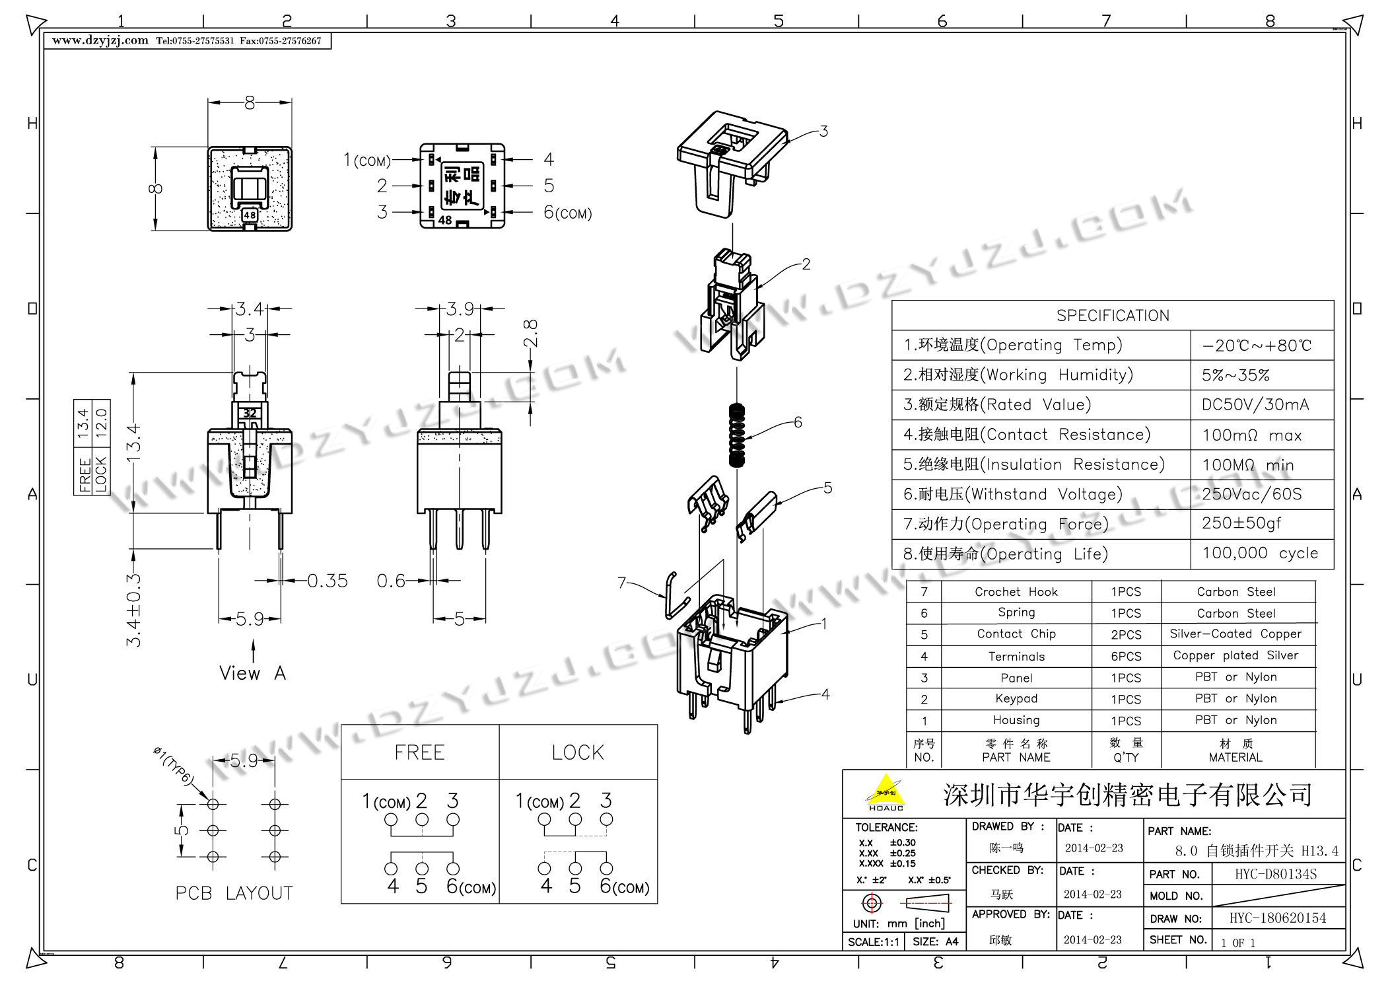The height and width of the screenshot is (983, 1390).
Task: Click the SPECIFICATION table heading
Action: pyautogui.click(x=1113, y=316)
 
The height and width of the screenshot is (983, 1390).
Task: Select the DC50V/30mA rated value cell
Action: pyautogui.click(x=1255, y=405)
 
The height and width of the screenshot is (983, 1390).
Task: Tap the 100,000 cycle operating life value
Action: pyautogui.click(x=1260, y=553)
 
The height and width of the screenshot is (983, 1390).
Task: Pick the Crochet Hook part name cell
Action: pyautogui.click(x=1016, y=592)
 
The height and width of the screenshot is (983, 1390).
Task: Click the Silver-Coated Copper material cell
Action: pyautogui.click(x=1235, y=634)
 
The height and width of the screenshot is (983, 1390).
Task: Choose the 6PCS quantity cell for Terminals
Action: pyautogui.click(x=1126, y=656)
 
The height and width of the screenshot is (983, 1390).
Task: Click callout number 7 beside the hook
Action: pyautogui.click(x=621, y=583)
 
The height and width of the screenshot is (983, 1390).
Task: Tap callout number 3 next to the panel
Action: pyautogui.click(x=823, y=131)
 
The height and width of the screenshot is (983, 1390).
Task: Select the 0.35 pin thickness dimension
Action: pyautogui.click(x=328, y=581)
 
